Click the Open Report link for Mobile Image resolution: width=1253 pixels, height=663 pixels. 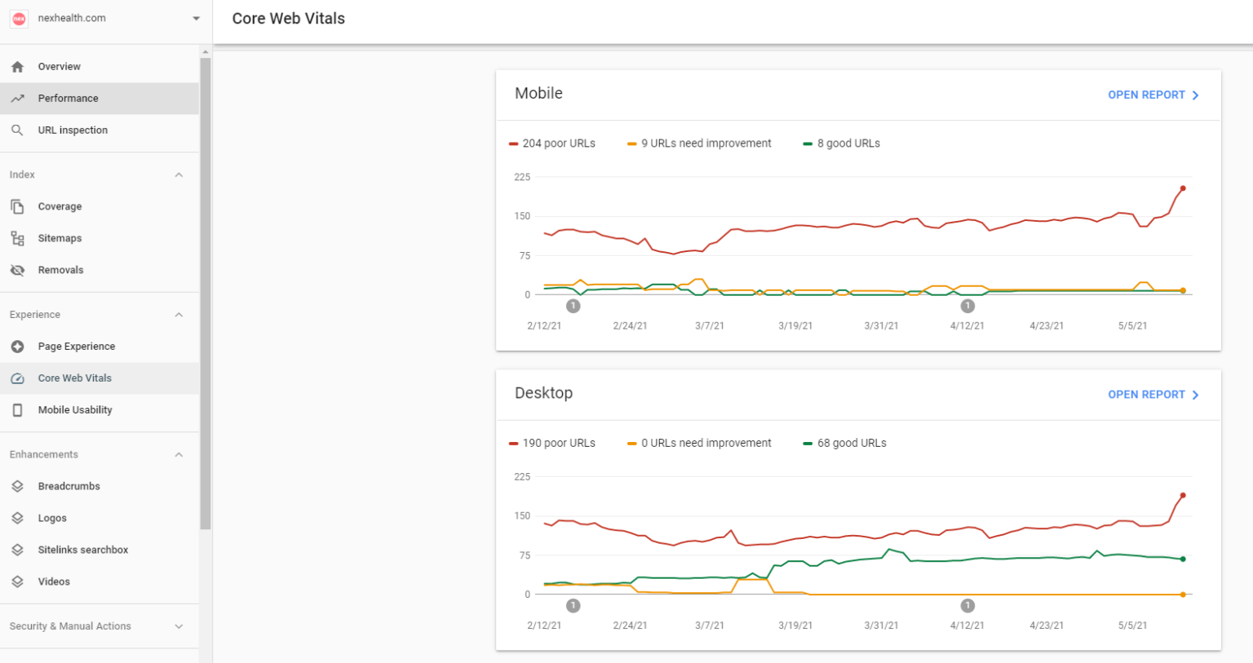(x=1152, y=95)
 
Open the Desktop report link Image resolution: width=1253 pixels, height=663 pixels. (x=1152, y=395)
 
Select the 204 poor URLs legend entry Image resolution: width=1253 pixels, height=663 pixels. (x=552, y=144)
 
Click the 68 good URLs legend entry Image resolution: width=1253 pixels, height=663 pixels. (x=845, y=444)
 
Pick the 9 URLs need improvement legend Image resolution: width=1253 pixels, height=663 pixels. (x=700, y=144)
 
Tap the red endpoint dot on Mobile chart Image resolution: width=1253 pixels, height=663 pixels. (x=1183, y=188)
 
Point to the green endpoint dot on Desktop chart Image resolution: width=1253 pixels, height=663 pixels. (x=1183, y=559)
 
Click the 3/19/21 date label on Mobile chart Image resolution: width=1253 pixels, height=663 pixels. (x=795, y=326)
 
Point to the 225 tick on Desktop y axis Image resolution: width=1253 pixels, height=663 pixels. (x=522, y=477)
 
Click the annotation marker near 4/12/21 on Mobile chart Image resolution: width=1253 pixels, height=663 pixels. (x=967, y=306)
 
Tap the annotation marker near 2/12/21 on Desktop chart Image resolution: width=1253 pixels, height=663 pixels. (x=573, y=606)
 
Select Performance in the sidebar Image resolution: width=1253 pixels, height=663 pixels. (x=68, y=99)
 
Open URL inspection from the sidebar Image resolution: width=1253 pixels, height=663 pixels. (x=73, y=130)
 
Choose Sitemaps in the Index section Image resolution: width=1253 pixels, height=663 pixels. (x=60, y=239)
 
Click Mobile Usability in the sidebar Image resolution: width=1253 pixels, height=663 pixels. (x=75, y=410)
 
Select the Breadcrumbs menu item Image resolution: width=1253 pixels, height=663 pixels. (x=69, y=487)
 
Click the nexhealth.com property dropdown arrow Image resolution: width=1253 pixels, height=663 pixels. (x=196, y=19)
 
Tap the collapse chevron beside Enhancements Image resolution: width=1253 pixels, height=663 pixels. (x=179, y=455)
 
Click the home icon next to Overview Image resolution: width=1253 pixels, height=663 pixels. (x=17, y=67)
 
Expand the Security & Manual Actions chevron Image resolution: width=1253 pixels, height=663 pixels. (x=179, y=626)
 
